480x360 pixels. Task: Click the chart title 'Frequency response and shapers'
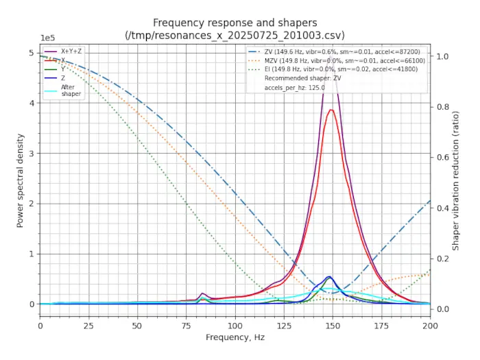tap(235, 23)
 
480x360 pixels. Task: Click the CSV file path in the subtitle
tap(235, 35)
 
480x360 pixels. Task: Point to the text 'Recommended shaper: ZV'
tap(302, 79)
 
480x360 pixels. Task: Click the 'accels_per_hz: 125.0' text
tap(294, 88)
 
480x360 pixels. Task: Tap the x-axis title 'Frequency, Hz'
tap(235, 337)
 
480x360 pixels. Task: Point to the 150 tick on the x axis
tap(333, 325)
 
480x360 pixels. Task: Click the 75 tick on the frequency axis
tap(187, 325)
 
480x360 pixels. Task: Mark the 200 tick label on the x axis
tap(430, 325)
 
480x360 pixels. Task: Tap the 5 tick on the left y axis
tap(31, 53)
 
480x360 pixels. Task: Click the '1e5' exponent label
tap(49, 38)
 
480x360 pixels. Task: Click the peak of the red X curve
tap(332, 110)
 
